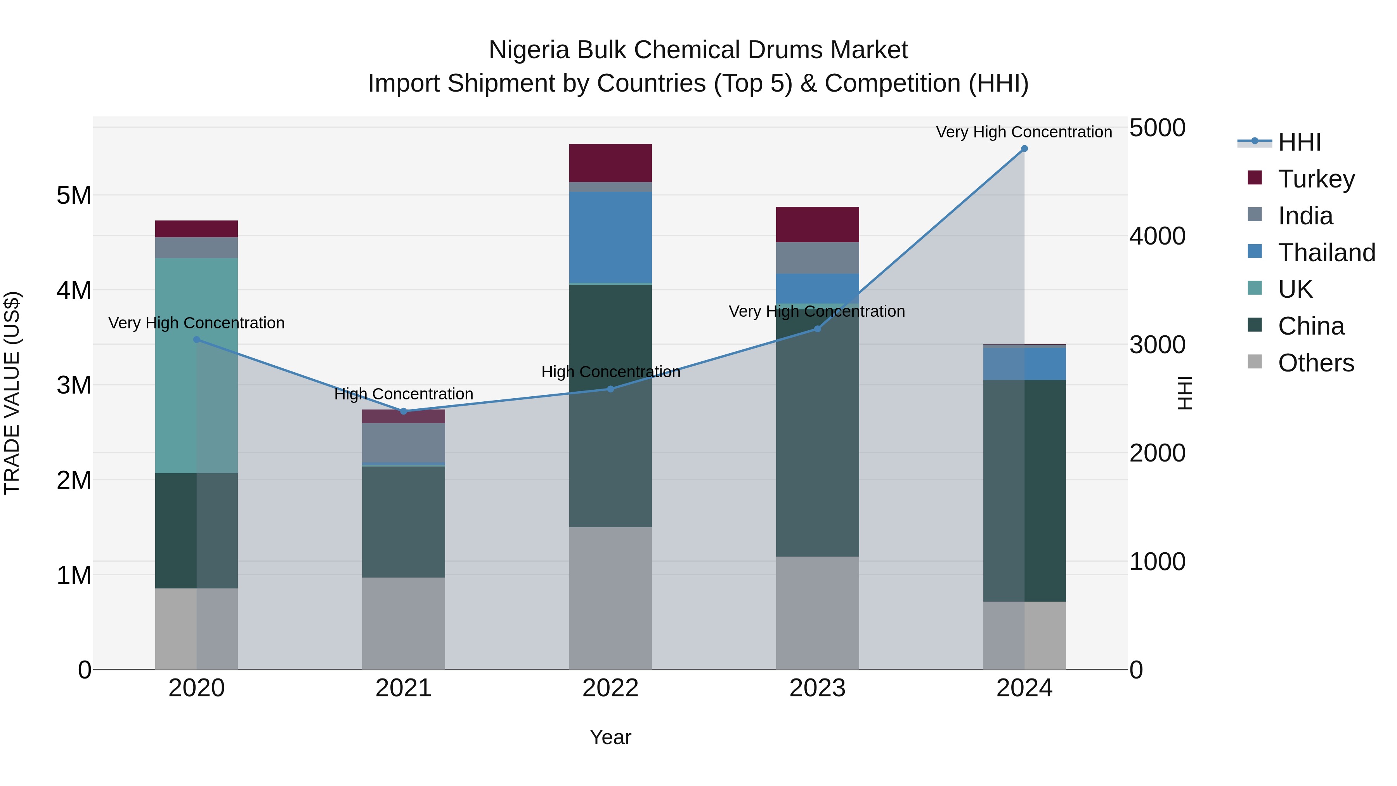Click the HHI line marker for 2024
(x=1024, y=149)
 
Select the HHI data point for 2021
(x=404, y=411)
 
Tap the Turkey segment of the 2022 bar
(x=610, y=163)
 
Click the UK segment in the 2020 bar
(x=196, y=365)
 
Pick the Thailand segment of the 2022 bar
(x=610, y=237)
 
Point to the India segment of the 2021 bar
(x=404, y=442)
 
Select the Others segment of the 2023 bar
(x=817, y=612)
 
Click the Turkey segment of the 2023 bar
(x=817, y=224)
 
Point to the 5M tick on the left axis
(x=74, y=195)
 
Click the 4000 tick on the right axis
(x=1157, y=236)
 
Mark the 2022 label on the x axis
(x=610, y=688)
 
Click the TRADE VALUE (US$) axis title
(x=12, y=393)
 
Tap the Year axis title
(x=610, y=737)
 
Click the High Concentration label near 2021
(x=404, y=394)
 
